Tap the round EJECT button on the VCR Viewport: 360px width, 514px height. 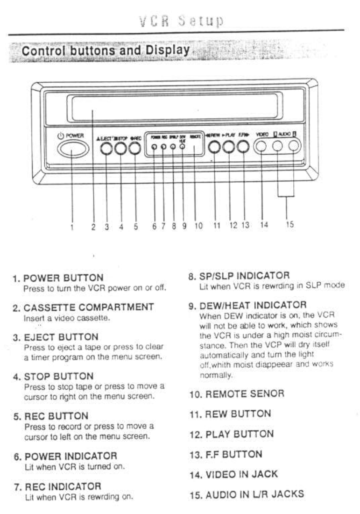tap(107, 148)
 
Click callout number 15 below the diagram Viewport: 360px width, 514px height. tap(289, 225)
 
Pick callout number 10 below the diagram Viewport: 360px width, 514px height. tap(198, 226)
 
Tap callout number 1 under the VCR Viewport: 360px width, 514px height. tap(72, 228)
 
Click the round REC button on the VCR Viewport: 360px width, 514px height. tap(135, 148)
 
